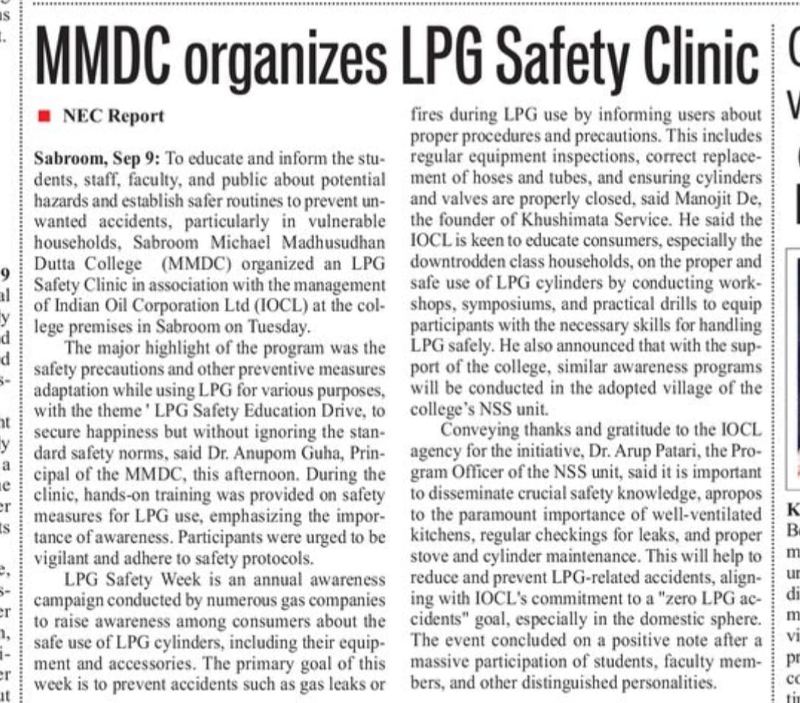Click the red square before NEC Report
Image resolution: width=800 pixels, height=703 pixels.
(x=44, y=116)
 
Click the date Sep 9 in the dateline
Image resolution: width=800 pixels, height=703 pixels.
(x=138, y=159)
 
